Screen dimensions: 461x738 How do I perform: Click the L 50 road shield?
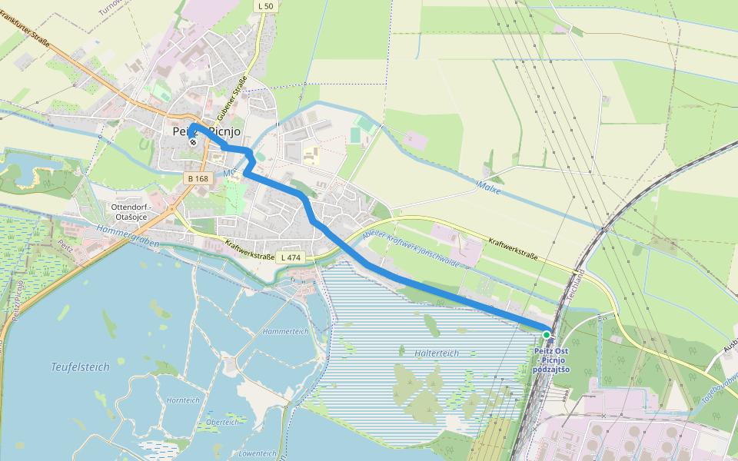tap(265, 6)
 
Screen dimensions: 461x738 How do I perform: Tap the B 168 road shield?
tap(198, 178)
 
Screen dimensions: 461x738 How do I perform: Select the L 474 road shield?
tap(291, 257)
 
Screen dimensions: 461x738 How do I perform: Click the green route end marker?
tap(547, 335)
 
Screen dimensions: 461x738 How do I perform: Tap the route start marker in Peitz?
tap(192, 141)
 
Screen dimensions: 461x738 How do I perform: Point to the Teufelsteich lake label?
tap(81, 367)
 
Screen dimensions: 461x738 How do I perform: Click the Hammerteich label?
tap(285, 331)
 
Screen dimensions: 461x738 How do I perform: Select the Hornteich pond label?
tap(183, 400)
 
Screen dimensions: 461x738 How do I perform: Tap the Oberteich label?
tap(222, 422)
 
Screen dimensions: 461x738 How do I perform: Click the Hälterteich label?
tap(436, 353)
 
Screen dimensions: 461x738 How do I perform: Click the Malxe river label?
tap(489, 186)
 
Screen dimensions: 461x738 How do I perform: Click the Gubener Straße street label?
tap(232, 98)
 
